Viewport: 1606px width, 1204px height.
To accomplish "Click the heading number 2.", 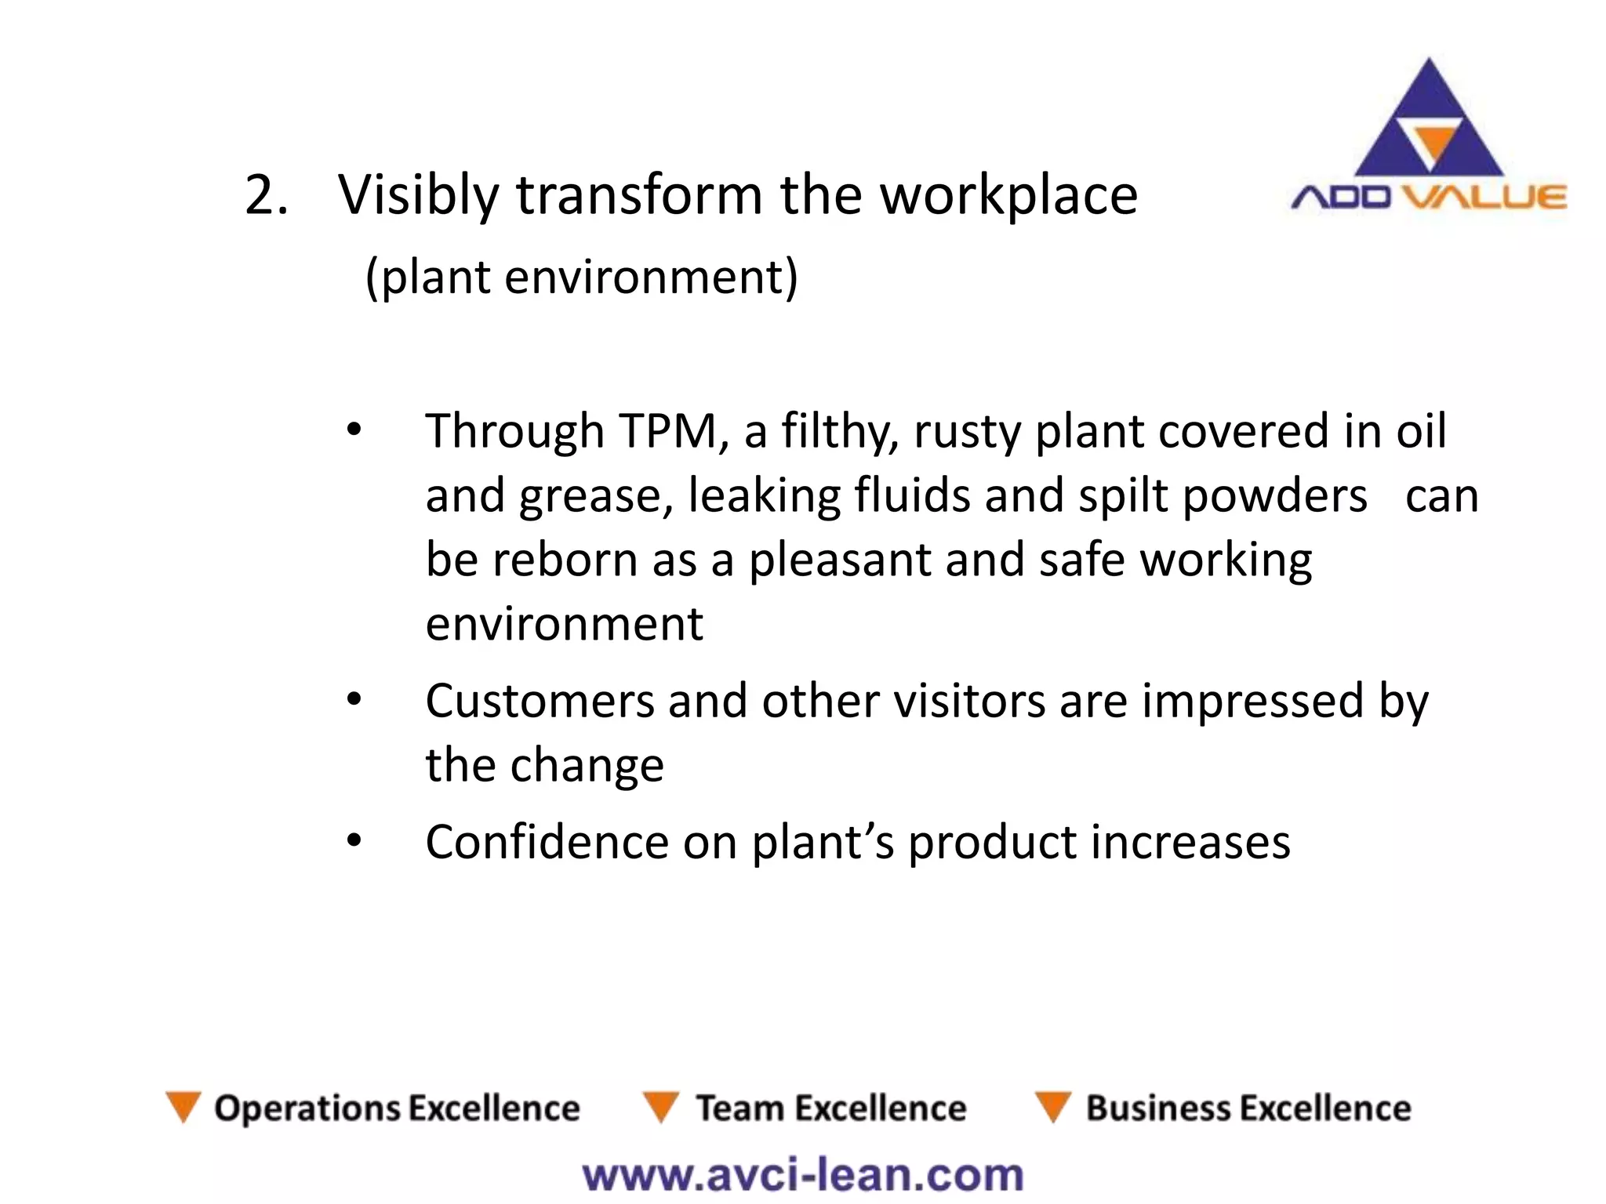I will [x=265, y=196].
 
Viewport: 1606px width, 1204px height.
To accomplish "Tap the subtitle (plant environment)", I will [x=581, y=277].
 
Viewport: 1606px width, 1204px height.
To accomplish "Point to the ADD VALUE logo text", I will [x=1429, y=197].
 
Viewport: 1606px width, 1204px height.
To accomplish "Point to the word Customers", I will [x=540, y=701].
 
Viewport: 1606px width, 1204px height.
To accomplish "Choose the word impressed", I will [x=1252, y=701].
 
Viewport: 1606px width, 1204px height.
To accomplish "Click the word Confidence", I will [x=547, y=843].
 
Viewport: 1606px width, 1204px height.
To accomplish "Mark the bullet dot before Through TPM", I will [x=354, y=430].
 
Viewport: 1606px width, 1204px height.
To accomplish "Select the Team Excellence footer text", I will [x=831, y=1108].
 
